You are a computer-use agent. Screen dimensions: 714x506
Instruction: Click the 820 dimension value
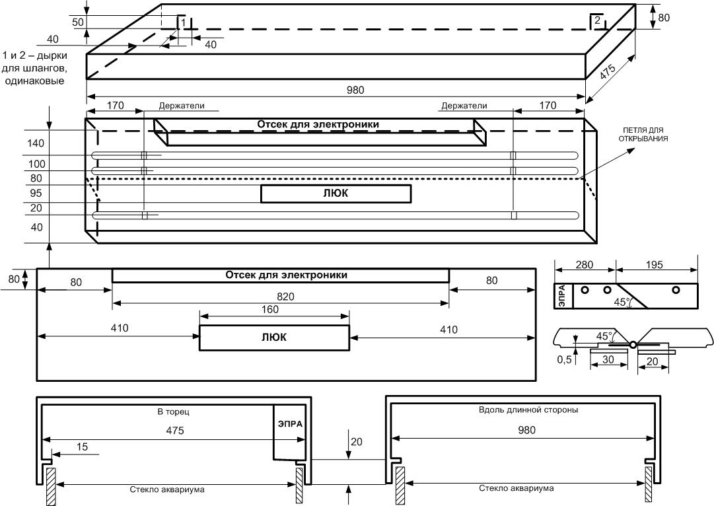coord(285,297)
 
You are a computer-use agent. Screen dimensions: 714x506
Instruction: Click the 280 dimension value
coord(585,265)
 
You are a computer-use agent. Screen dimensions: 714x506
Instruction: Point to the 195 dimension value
coord(655,265)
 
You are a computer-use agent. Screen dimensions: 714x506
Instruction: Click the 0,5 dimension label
coord(564,360)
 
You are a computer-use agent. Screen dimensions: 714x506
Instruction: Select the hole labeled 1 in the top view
coord(182,22)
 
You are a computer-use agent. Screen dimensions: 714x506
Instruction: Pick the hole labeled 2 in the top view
coord(596,20)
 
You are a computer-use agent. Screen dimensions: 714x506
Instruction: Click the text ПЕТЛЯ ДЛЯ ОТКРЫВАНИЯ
coord(643,134)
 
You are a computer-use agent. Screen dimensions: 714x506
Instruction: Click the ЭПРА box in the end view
coord(289,431)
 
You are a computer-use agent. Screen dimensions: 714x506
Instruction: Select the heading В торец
coord(174,412)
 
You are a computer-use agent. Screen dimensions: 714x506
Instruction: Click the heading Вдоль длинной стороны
coord(528,410)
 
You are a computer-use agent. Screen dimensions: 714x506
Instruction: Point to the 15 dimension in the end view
coord(82,447)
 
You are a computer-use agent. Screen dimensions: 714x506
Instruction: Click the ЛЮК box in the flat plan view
coord(275,338)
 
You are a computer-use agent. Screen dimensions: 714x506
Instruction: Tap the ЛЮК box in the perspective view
coord(336,194)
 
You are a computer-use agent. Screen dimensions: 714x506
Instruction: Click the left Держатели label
coord(182,106)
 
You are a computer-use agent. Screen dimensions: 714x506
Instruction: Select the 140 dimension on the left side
coord(36,143)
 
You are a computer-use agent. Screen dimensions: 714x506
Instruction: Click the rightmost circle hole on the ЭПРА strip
coord(676,290)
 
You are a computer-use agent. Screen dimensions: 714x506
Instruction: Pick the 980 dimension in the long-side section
coord(526,430)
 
